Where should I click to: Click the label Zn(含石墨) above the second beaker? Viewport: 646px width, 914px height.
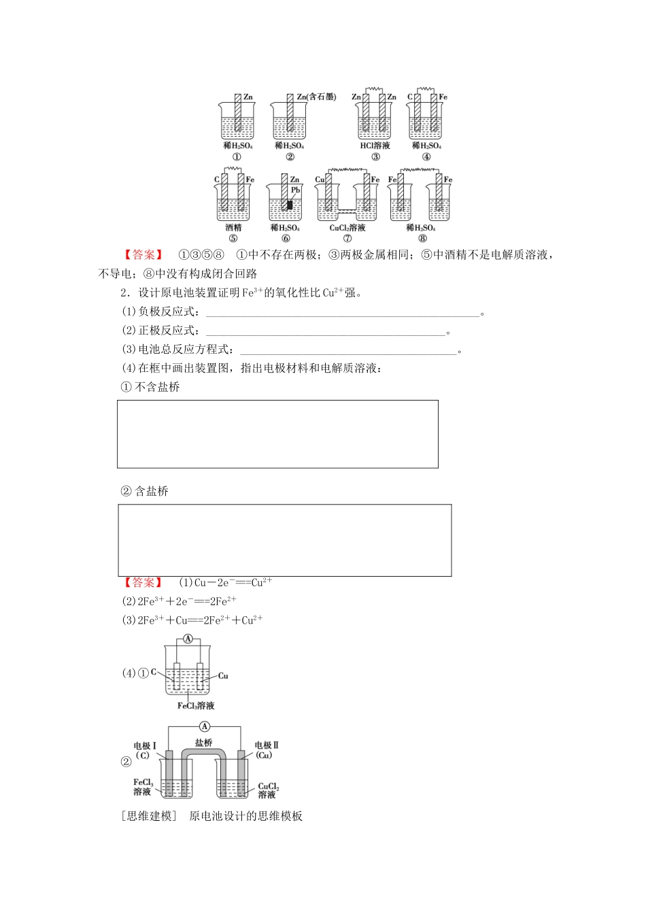(x=316, y=97)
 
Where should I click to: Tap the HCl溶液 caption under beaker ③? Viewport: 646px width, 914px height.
(x=375, y=146)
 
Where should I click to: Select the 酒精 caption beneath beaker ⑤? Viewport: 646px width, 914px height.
(x=233, y=228)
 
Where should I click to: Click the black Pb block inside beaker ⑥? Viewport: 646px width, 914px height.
(x=290, y=205)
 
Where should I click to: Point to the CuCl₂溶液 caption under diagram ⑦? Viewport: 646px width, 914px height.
(x=347, y=228)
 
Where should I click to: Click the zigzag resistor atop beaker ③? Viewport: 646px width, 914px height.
(x=373, y=88)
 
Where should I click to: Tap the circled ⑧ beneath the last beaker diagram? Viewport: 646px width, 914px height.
(x=422, y=238)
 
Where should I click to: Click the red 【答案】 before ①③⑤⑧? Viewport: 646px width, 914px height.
(x=143, y=255)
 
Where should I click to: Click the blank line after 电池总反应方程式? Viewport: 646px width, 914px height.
(x=347, y=350)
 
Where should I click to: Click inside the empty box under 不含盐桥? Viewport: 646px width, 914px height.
(x=277, y=434)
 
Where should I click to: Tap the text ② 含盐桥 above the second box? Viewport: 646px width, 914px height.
(x=144, y=491)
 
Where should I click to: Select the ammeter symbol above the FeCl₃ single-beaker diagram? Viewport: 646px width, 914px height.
(x=188, y=639)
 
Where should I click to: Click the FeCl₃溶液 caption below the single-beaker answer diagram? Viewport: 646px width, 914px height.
(x=196, y=706)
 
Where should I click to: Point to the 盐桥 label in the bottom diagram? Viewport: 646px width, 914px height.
(x=204, y=743)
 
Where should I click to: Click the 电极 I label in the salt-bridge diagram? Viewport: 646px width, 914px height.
(x=145, y=745)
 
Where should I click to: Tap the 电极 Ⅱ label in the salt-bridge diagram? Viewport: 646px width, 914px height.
(x=266, y=745)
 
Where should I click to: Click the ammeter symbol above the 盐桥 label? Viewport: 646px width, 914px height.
(x=205, y=726)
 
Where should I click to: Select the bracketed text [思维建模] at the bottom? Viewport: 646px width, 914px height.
(x=149, y=816)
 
